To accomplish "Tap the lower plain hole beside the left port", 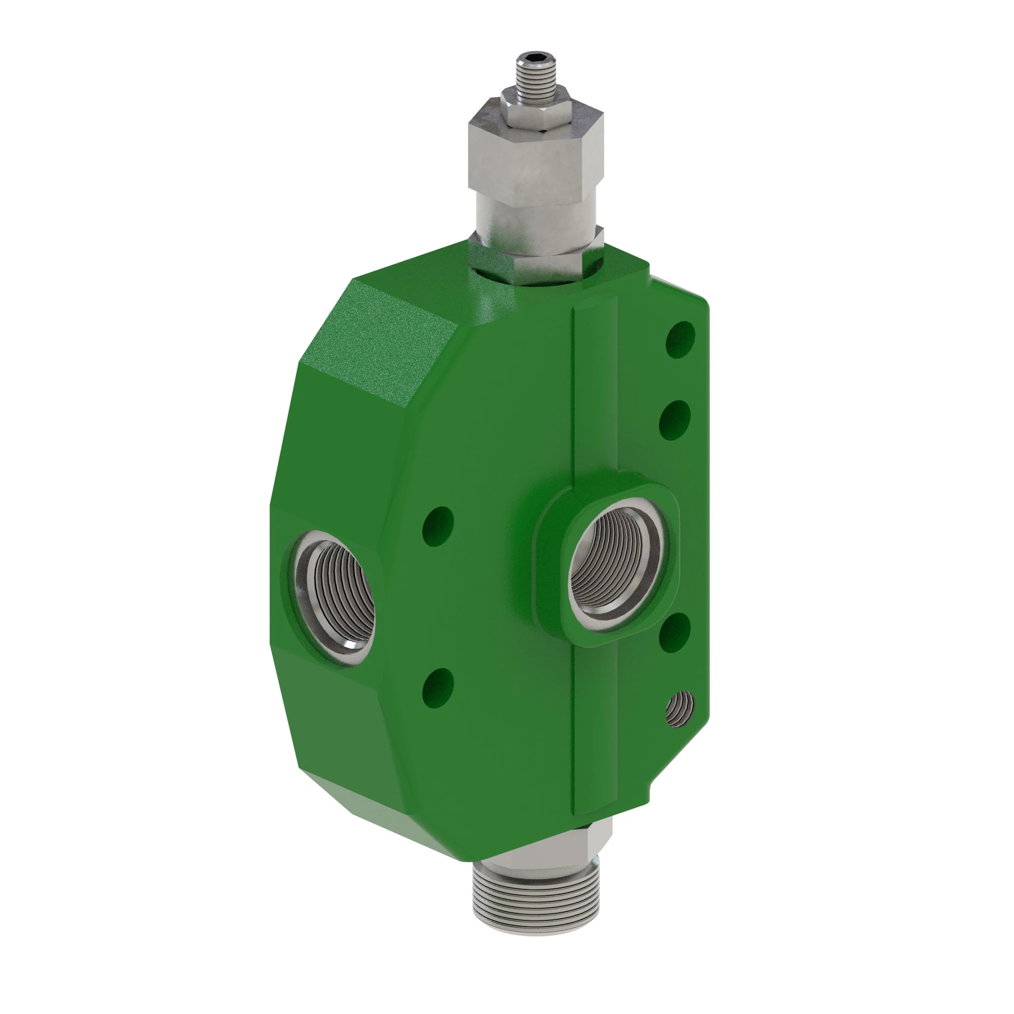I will (x=438, y=688).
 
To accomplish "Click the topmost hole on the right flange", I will (x=680, y=340).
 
